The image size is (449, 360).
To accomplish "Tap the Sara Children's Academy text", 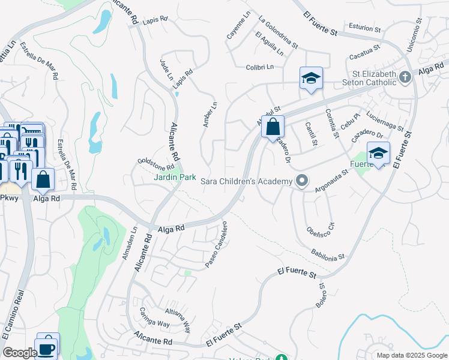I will click(x=246, y=181).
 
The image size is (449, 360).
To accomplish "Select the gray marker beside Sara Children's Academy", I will click(x=302, y=181).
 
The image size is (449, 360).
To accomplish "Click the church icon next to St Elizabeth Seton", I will click(x=405, y=77).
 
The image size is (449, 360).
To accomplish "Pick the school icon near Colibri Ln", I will click(x=311, y=78).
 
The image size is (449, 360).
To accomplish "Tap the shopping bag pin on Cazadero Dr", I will click(x=273, y=127).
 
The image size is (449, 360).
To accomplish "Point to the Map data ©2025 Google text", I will click(x=411, y=355).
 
